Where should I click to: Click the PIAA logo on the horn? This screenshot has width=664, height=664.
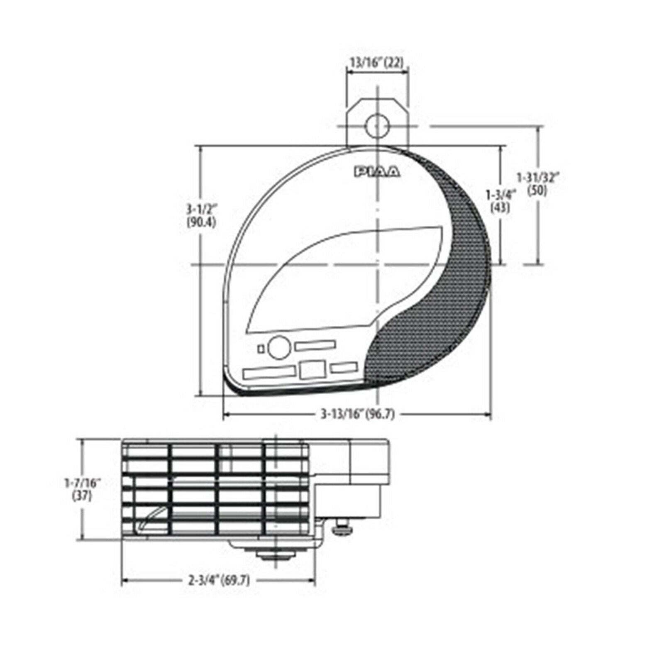(x=377, y=171)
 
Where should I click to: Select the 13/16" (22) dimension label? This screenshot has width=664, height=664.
(x=377, y=63)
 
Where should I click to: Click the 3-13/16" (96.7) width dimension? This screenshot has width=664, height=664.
(x=357, y=414)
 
